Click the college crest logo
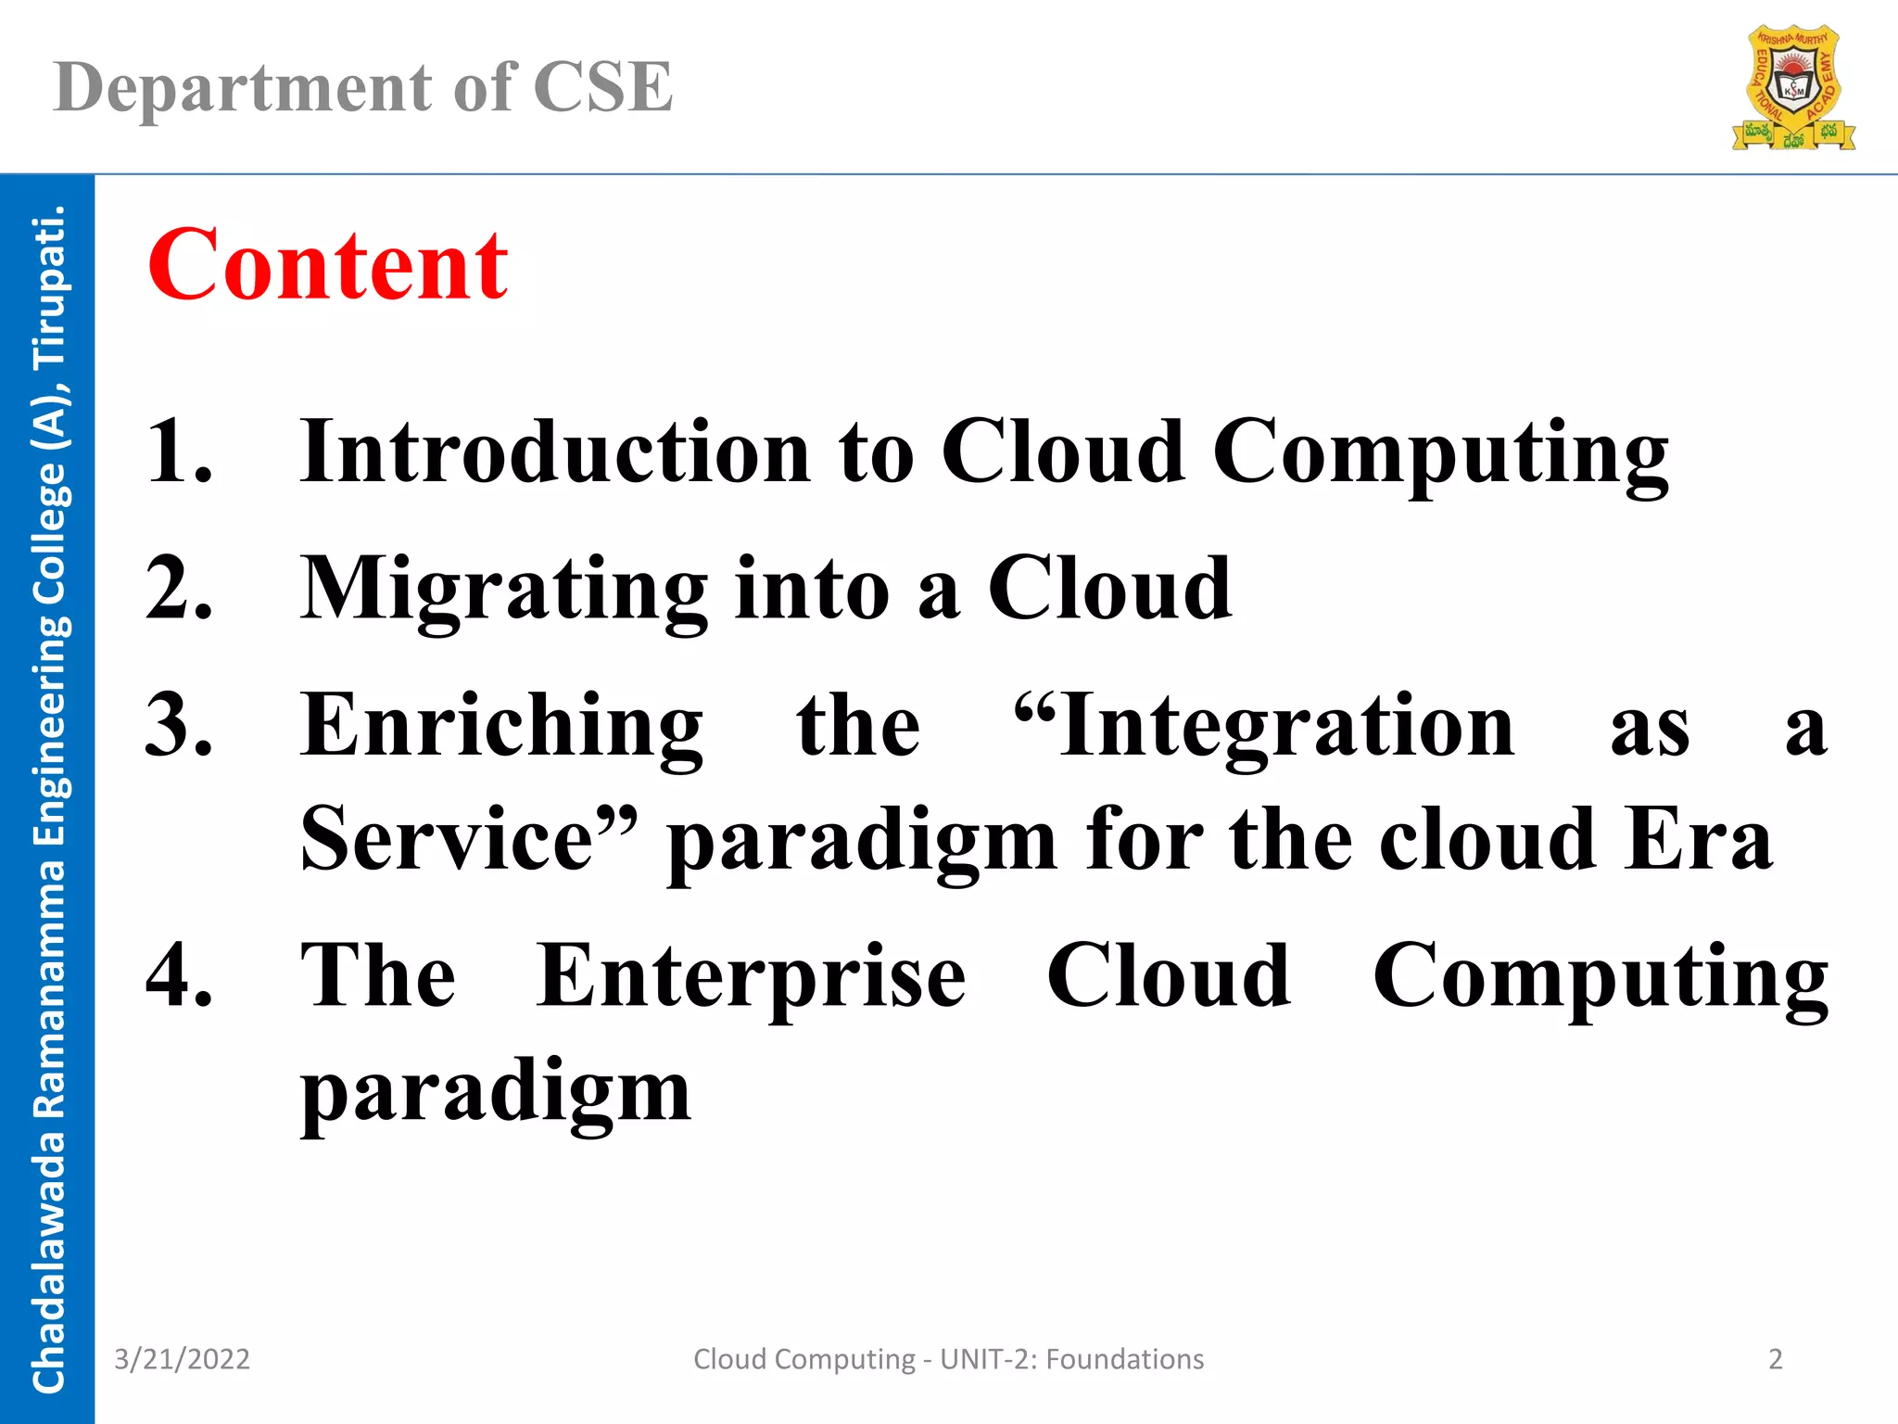coord(1793,89)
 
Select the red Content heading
coord(328,265)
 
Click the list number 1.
coord(178,451)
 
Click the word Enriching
coord(501,726)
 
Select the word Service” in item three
coord(469,839)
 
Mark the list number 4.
coord(178,975)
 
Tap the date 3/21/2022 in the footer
coord(182,1359)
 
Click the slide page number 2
coord(1775,1359)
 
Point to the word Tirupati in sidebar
coord(48,287)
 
